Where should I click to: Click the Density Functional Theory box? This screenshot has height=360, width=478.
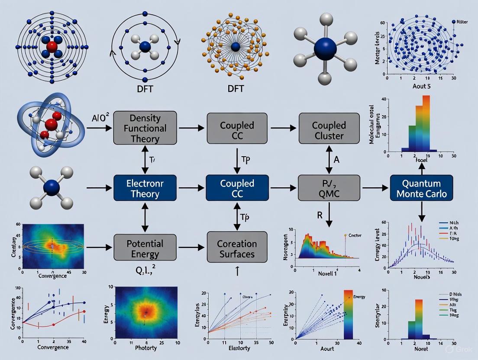point(145,128)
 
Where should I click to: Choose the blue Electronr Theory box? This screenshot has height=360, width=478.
point(145,187)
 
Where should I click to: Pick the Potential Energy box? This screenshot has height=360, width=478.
point(145,247)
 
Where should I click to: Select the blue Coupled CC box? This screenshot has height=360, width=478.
point(237,187)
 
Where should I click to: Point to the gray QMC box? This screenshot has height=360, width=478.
point(329,187)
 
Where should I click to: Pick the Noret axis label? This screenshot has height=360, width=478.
point(420,348)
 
